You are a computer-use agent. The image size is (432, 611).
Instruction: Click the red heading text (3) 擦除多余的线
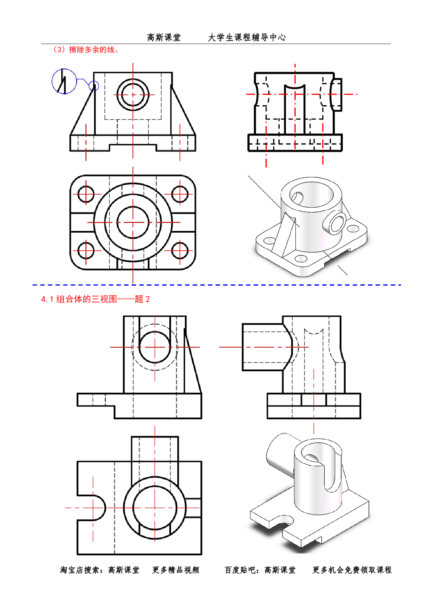(x=86, y=50)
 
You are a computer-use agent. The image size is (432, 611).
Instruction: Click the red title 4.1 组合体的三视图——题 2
(x=95, y=299)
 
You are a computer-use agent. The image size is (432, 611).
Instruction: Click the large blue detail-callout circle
(x=64, y=81)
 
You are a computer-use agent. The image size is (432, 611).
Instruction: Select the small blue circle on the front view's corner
(x=94, y=85)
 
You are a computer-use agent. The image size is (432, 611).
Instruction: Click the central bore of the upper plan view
(x=133, y=222)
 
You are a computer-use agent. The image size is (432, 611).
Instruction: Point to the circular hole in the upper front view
(x=133, y=94)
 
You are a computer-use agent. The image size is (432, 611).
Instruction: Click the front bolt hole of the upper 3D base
(x=301, y=259)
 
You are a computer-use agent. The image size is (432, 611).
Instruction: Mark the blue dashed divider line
(x=216, y=285)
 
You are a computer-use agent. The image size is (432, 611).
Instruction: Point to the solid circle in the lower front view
(x=155, y=347)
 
